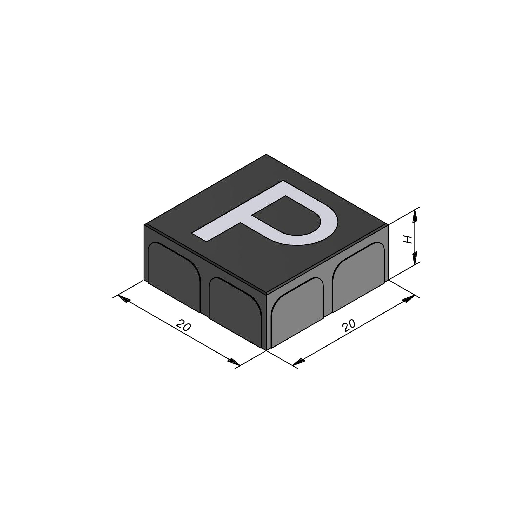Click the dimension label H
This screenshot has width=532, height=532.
tap(407, 239)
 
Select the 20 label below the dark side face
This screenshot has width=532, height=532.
tap(183, 325)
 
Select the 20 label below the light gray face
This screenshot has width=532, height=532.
tap(349, 326)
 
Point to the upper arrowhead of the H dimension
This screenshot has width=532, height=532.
tap(414, 216)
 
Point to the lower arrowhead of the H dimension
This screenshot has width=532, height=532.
tap(414, 257)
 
